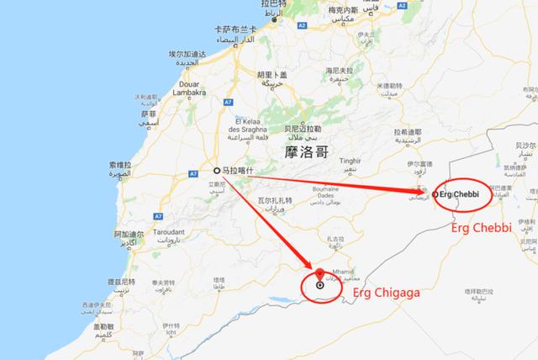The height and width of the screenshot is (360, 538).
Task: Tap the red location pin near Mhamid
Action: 319,273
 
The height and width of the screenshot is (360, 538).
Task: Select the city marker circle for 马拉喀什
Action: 217,168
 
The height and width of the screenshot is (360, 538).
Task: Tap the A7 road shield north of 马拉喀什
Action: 229,103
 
